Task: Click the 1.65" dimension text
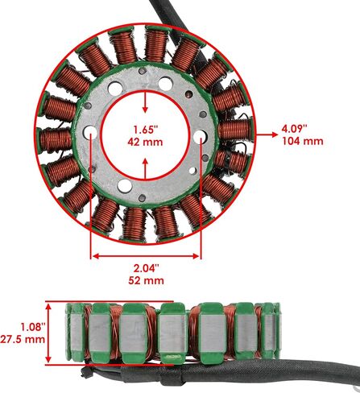pyautogui.click(x=145, y=130)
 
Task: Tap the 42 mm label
pyautogui.click(x=145, y=142)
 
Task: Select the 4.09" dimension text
pyautogui.click(x=294, y=129)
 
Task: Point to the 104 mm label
pyautogui.click(x=303, y=141)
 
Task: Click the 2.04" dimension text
pyautogui.click(x=147, y=268)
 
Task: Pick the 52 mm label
pyautogui.click(x=146, y=280)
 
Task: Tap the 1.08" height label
pyautogui.click(x=32, y=327)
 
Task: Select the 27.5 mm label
pyautogui.click(x=23, y=339)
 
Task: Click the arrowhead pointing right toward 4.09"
pyautogui.click(x=275, y=134)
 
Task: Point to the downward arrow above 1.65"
pyautogui.click(x=145, y=102)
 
